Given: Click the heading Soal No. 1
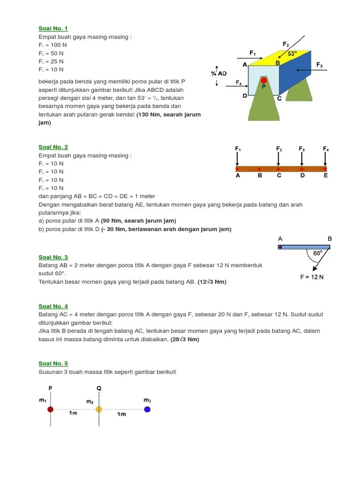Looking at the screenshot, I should (53, 29).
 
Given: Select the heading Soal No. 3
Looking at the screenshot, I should (53, 257).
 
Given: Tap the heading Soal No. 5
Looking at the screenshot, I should (53, 363).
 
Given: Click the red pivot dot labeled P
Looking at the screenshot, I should (263, 81).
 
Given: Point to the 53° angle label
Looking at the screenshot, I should (292, 54).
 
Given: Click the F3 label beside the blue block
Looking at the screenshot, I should (320, 65).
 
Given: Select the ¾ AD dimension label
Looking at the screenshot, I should (218, 74).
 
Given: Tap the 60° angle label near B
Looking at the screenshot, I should (317, 254).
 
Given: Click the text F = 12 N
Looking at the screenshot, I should (312, 277).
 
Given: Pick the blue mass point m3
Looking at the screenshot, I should (147, 409).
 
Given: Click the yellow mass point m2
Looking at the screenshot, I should (99, 409).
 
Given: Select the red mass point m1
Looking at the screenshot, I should (50, 409).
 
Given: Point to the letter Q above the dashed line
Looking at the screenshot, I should (99, 388).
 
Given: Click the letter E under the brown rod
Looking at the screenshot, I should (326, 176).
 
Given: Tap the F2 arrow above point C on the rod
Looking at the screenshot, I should (278, 158).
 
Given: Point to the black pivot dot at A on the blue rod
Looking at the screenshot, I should (280, 247).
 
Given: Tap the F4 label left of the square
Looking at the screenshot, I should (239, 82).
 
